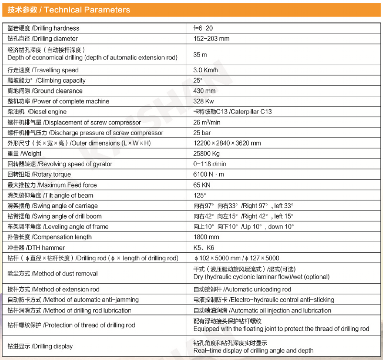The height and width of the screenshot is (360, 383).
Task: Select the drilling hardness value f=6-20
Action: click(x=203, y=28)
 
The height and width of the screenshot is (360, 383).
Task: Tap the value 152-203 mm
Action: click(x=211, y=39)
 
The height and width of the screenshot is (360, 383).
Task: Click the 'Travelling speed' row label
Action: click(x=43, y=70)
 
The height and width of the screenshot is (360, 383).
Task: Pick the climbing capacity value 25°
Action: click(x=198, y=80)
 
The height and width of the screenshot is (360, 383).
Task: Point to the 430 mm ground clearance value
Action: click(x=204, y=91)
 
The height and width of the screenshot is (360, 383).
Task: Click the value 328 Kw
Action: click(x=204, y=101)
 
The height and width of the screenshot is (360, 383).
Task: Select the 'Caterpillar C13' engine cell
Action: click(x=232, y=112)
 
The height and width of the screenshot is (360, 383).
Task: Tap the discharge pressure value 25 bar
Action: click(x=202, y=133)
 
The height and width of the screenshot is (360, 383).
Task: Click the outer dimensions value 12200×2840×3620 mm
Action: click(x=227, y=143)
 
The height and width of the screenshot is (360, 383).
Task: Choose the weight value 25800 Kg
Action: click(x=206, y=154)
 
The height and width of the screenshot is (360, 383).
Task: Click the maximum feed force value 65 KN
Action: click(x=202, y=185)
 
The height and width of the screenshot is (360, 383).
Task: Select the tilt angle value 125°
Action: click(x=200, y=195)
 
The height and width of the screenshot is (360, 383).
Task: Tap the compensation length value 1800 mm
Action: click(x=206, y=237)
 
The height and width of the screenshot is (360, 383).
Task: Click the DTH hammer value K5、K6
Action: click(x=203, y=247)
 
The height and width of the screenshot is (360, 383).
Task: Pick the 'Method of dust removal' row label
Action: click(x=53, y=274)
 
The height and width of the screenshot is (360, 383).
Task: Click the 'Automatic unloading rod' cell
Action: click(x=242, y=289)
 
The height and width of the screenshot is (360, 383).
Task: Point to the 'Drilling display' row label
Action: click(x=40, y=346)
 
